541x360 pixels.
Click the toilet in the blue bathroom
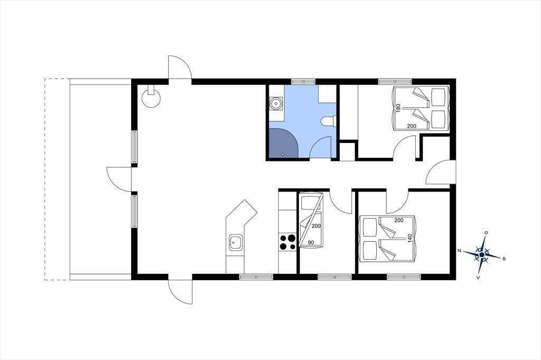(x=328, y=121)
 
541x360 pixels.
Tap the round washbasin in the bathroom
(x=276, y=103)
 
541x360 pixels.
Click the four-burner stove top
(x=287, y=242)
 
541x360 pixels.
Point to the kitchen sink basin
(x=235, y=242)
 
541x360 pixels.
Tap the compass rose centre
(x=482, y=255)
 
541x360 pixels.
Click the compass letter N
(x=460, y=251)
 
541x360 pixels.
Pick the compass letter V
(x=478, y=277)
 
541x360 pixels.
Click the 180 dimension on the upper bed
(x=398, y=108)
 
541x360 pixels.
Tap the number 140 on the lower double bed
(x=410, y=238)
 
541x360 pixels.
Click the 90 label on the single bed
(x=311, y=243)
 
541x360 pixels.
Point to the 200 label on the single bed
(x=316, y=226)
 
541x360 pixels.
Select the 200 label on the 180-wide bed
(x=412, y=126)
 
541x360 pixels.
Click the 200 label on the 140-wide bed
(x=399, y=220)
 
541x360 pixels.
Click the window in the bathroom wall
(x=303, y=82)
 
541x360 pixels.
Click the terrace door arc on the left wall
(x=119, y=178)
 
